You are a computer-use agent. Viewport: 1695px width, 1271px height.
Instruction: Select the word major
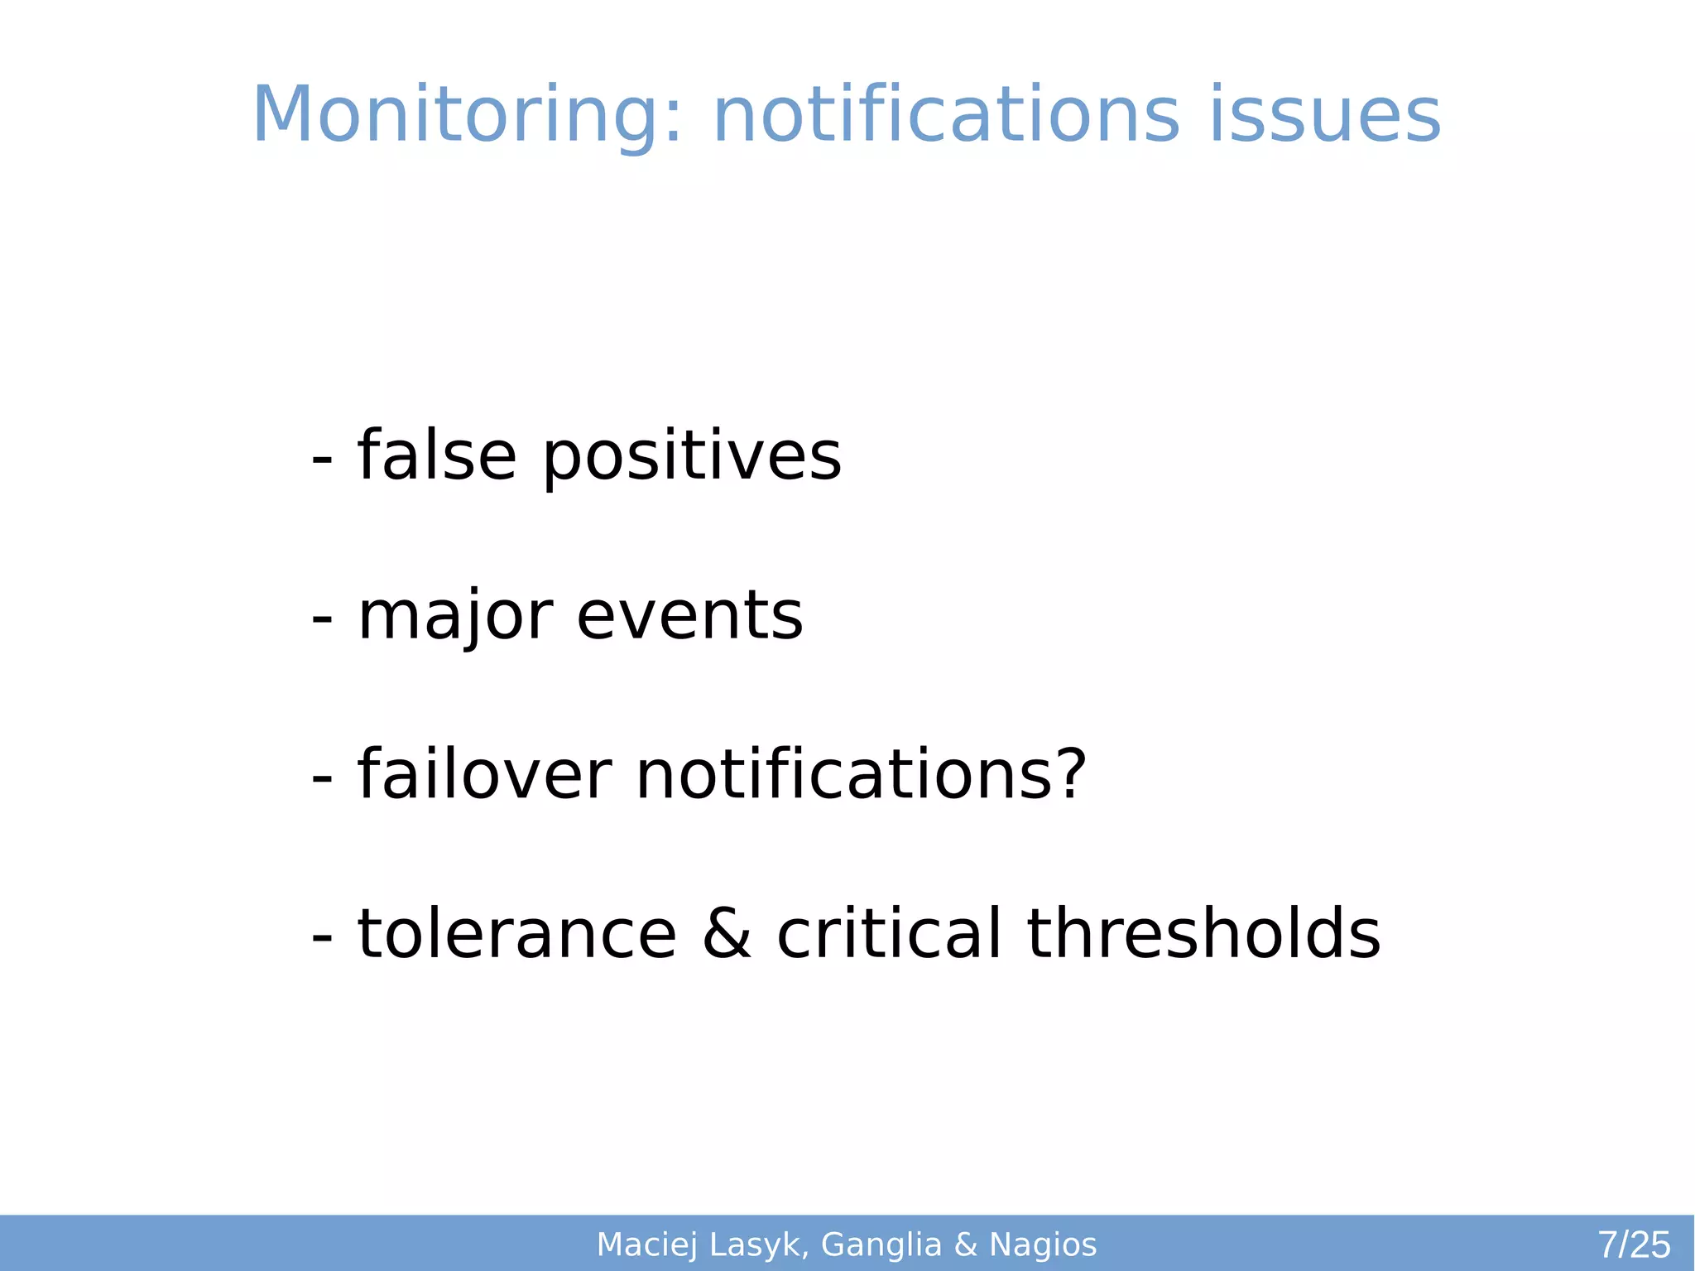[455, 616]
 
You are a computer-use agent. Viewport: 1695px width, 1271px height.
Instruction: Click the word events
[689, 616]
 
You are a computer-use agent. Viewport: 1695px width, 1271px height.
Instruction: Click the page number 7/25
[1634, 1245]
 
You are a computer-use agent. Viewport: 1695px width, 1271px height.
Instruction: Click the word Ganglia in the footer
[881, 1245]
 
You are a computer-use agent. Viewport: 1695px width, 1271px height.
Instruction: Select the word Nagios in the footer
[1043, 1245]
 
